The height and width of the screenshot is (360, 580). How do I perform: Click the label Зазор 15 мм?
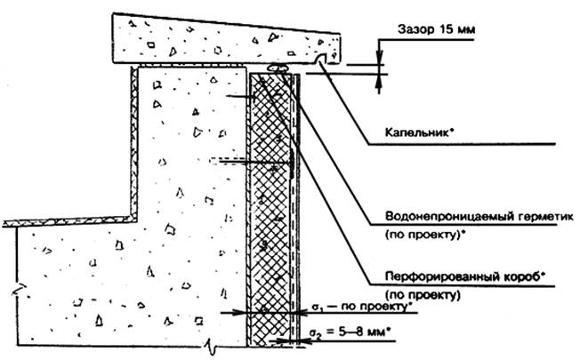click(x=437, y=29)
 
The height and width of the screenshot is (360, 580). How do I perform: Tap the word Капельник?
click(x=420, y=132)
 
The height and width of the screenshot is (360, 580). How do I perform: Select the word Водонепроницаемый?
click(x=444, y=216)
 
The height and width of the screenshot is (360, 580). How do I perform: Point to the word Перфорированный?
click(x=440, y=276)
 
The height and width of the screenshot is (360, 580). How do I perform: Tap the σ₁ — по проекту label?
click(x=363, y=307)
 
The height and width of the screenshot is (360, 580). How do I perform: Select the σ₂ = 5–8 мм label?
click(x=349, y=332)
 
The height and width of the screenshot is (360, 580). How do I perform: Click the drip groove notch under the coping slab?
click(x=321, y=59)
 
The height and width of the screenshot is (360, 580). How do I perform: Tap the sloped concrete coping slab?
click(x=226, y=39)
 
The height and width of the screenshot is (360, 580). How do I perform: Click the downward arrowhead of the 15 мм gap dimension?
click(x=379, y=59)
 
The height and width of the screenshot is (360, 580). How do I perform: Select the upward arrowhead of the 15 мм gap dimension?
click(x=379, y=81)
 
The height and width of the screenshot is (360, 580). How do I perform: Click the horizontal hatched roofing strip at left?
click(x=68, y=221)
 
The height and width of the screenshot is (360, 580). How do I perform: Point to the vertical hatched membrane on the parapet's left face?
click(x=134, y=142)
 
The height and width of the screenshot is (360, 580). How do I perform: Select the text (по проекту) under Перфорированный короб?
click(x=423, y=295)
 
